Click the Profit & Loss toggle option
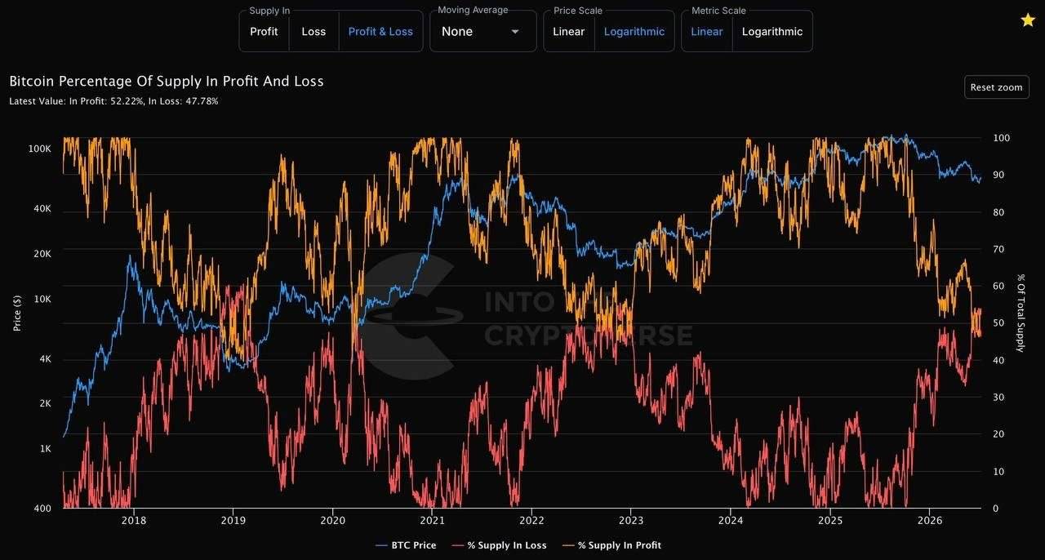(x=380, y=32)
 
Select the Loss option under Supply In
(x=313, y=32)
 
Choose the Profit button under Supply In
(x=264, y=32)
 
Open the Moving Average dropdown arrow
(x=515, y=32)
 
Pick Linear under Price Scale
(x=568, y=32)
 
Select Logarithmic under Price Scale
(x=634, y=32)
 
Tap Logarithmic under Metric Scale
(x=772, y=32)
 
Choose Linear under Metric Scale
(x=706, y=32)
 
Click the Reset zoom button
(x=997, y=87)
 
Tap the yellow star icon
(x=1028, y=20)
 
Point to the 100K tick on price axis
(x=40, y=149)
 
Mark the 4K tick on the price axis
(x=45, y=359)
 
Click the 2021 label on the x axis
(x=432, y=520)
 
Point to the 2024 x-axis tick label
(x=731, y=520)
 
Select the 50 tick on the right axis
(x=998, y=323)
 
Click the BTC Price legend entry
(x=406, y=545)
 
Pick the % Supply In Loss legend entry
(x=499, y=545)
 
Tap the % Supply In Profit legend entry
(x=611, y=545)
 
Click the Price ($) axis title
(x=17, y=313)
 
